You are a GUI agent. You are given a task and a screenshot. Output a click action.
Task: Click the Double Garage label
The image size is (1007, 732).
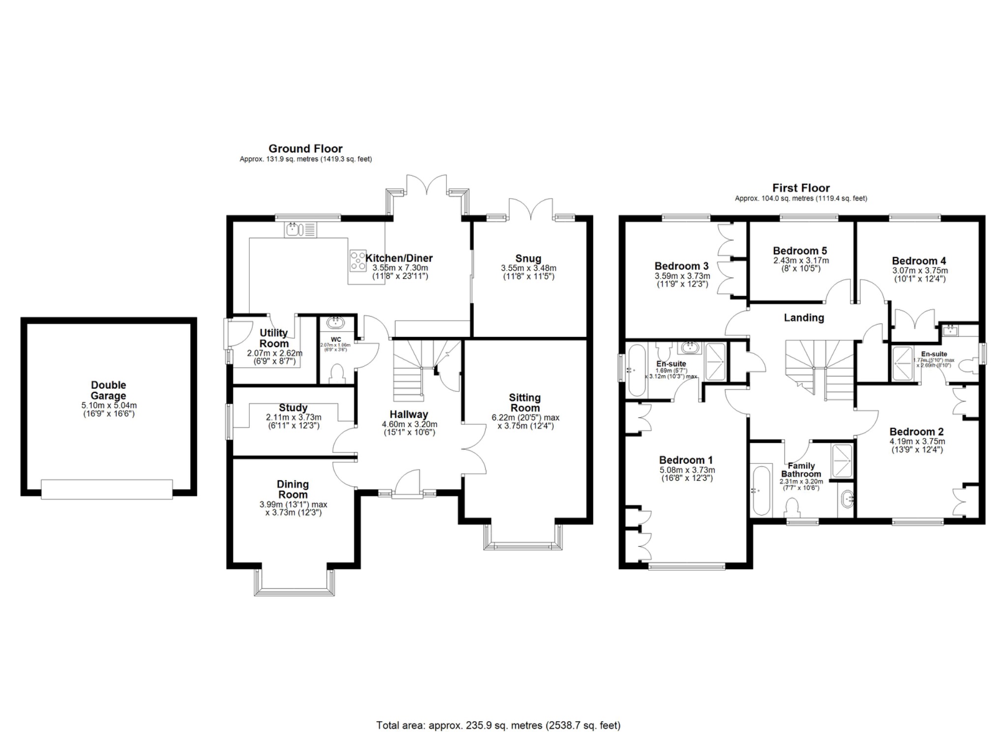[108, 390]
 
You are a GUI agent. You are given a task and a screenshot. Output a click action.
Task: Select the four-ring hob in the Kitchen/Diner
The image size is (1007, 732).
[358, 261]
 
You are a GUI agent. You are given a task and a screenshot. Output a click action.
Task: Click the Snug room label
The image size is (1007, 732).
[528, 259]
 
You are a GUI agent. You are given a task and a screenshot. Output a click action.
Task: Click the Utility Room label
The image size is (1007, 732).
[274, 338]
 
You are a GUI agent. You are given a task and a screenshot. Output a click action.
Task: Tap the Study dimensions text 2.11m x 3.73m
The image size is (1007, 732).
[294, 417]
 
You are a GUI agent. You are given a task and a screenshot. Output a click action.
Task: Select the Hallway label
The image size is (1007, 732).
[409, 414]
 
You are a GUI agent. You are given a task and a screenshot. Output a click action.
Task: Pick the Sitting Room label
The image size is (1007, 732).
[525, 403]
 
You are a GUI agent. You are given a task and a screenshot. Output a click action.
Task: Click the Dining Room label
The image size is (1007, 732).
[293, 490]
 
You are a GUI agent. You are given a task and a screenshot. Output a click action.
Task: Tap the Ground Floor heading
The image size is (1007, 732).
[305, 148]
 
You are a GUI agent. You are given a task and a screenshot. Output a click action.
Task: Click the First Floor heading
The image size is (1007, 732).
[800, 188]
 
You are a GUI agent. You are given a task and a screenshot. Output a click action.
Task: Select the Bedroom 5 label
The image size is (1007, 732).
[800, 251]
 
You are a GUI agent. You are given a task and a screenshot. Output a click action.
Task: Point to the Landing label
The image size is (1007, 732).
[803, 318]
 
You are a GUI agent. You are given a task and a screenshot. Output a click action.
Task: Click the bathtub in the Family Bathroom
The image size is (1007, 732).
[760, 490]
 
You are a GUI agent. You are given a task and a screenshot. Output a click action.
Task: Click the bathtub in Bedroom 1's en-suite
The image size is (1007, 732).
[637, 370]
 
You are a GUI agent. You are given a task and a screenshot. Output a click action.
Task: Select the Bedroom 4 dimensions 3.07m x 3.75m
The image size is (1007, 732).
[919, 270]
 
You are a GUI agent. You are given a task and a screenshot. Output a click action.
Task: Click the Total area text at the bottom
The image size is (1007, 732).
[498, 725]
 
